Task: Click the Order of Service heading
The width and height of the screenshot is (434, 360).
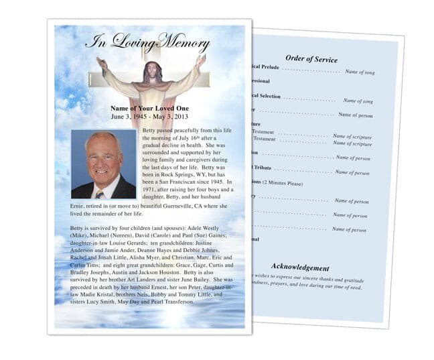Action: tap(310, 58)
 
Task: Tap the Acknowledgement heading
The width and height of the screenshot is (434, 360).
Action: tap(299, 267)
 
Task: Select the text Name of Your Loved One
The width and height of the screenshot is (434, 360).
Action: tap(149, 108)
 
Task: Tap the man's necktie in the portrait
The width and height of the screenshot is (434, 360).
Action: tap(100, 194)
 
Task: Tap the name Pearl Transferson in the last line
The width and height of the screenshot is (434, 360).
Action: tap(170, 302)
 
